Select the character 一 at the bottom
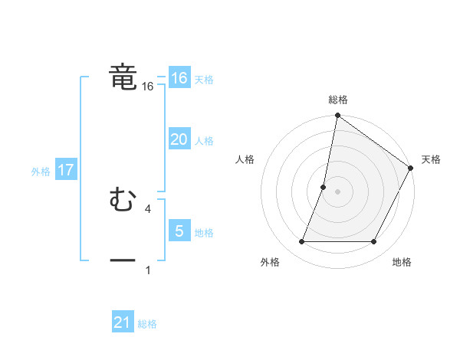tap(123, 260)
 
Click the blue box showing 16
tap(179, 78)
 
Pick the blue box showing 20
tap(179, 139)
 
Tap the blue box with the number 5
tap(179, 231)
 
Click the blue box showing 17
tap(65, 170)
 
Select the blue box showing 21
tap(123, 322)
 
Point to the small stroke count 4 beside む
tap(147, 208)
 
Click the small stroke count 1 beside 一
tap(147, 270)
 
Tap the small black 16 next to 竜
tap(147, 87)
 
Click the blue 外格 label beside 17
tap(41, 172)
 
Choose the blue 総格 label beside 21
tap(147, 324)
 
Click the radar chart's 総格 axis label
tap(337, 100)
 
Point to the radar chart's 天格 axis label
tap(431, 159)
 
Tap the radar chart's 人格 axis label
tap(245, 159)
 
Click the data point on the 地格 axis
tap(373, 241)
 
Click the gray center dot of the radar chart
tap(337, 191)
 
